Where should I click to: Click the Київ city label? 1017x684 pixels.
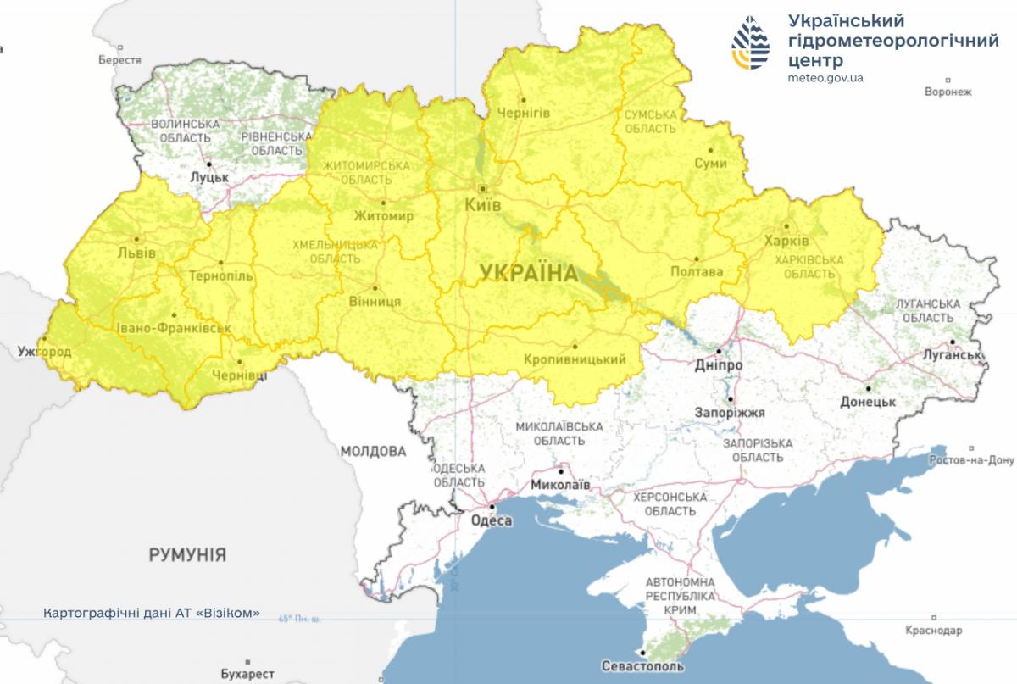pyautogui.click(x=483, y=206)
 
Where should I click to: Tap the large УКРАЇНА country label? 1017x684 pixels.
pyautogui.click(x=528, y=273)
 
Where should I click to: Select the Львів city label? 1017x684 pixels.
pyautogui.click(x=137, y=253)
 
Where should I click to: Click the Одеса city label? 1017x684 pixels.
pyautogui.click(x=491, y=520)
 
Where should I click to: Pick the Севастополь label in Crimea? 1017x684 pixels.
pyautogui.click(x=643, y=666)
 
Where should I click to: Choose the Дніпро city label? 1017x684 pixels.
pyautogui.click(x=717, y=364)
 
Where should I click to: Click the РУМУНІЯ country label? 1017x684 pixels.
pyautogui.click(x=187, y=556)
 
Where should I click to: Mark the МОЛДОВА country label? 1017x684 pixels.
pyautogui.click(x=373, y=451)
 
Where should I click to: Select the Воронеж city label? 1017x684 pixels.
pyautogui.click(x=948, y=92)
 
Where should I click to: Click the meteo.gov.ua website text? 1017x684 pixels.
pyautogui.click(x=825, y=77)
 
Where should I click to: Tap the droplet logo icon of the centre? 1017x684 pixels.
pyautogui.click(x=752, y=44)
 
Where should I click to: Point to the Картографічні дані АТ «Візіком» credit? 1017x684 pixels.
pyautogui.click(x=152, y=613)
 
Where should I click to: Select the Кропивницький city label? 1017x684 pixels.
pyautogui.click(x=581, y=359)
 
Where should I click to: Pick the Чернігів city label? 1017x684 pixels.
pyautogui.click(x=524, y=113)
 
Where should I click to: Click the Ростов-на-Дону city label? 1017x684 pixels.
pyautogui.click(x=970, y=460)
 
